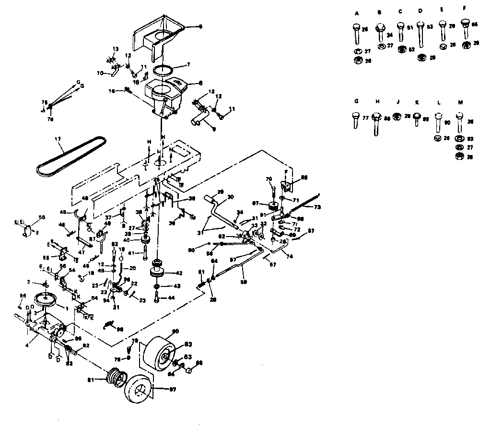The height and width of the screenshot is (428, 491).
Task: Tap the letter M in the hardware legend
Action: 460,102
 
